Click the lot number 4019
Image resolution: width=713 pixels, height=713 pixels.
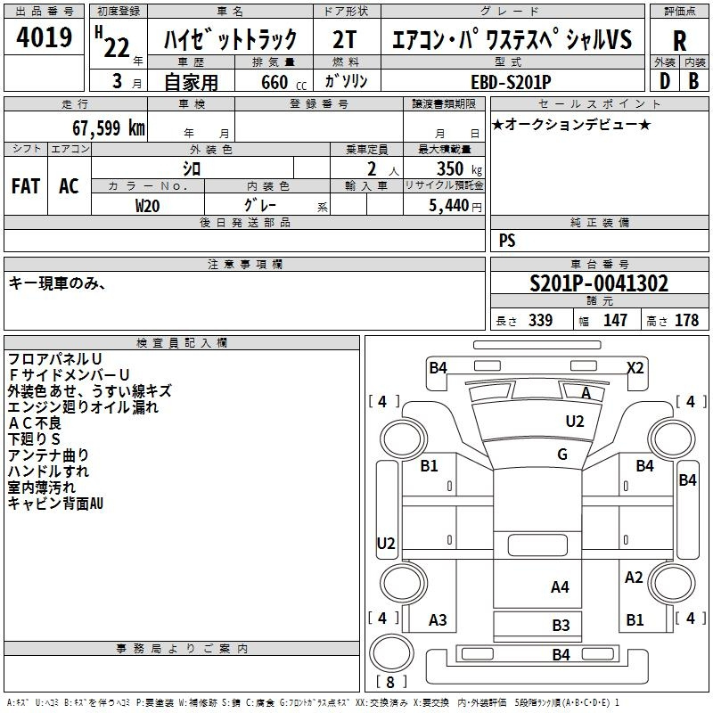pyautogui.click(x=44, y=37)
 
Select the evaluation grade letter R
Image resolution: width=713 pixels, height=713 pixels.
pyautogui.click(x=679, y=41)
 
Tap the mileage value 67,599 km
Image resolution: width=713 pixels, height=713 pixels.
pyautogui.click(x=109, y=127)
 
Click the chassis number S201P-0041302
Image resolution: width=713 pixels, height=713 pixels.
pyautogui.click(x=599, y=283)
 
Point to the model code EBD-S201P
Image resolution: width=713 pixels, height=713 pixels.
pyautogui.click(x=511, y=82)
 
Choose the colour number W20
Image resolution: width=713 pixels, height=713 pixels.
pyautogui.click(x=147, y=206)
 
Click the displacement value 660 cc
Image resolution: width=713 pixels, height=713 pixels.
pyautogui.click(x=283, y=82)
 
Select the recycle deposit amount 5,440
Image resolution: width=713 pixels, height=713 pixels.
pyautogui.click(x=448, y=206)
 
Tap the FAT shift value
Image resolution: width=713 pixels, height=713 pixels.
pyautogui.click(x=26, y=186)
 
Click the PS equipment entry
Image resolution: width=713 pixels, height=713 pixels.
pyautogui.click(x=507, y=240)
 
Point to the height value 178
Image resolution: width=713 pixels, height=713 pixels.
pyautogui.click(x=686, y=320)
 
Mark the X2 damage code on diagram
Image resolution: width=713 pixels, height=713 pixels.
pyautogui.click(x=635, y=367)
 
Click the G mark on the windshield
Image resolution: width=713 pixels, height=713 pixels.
pyautogui.click(x=562, y=454)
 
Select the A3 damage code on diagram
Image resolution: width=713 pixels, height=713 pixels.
pyautogui.click(x=438, y=619)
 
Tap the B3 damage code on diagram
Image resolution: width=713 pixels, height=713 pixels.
pyautogui.click(x=561, y=626)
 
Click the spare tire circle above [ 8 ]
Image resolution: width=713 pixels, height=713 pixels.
pyautogui.click(x=391, y=652)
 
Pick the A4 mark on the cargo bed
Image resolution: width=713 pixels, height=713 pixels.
pyautogui.click(x=560, y=587)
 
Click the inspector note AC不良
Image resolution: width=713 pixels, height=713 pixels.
pyautogui.click(x=35, y=423)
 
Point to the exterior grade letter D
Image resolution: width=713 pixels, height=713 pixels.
pyautogui.click(x=664, y=81)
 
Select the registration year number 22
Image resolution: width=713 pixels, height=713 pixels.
pyautogui.click(x=117, y=48)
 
